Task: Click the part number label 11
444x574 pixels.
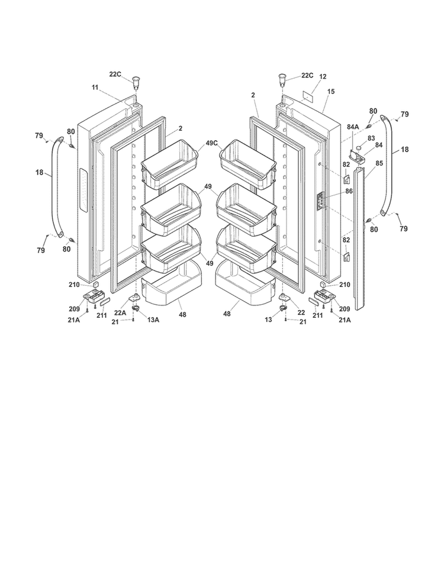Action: (95, 87)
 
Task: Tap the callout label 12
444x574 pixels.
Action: (323, 76)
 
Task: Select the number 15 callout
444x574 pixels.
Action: (331, 92)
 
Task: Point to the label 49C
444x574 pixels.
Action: (212, 143)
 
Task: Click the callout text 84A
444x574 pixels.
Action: (353, 127)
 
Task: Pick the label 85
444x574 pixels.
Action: (379, 163)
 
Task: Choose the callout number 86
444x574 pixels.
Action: (349, 191)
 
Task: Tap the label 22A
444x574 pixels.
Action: (120, 312)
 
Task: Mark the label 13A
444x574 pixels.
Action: (153, 320)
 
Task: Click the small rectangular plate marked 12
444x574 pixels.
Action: (308, 96)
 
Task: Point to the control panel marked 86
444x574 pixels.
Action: (320, 201)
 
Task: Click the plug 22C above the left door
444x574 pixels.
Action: (136, 82)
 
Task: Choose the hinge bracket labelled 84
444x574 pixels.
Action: (358, 157)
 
